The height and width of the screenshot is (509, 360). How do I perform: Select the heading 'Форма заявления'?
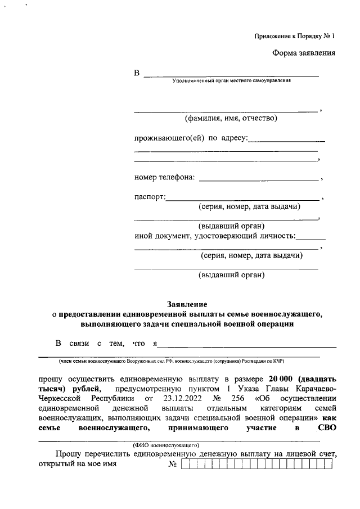pos(304,54)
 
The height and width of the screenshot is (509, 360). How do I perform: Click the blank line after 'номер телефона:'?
pos(259,179)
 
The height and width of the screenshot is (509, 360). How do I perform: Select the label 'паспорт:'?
pos(150,197)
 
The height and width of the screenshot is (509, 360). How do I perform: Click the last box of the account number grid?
pos(328,465)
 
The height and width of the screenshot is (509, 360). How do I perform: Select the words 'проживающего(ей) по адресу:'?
pos(191,138)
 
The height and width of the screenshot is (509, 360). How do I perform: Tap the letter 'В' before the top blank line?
pos(136,74)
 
